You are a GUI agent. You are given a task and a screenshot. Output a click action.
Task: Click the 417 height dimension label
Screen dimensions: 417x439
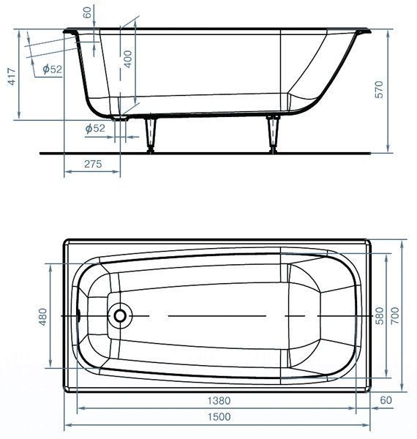[12, 76]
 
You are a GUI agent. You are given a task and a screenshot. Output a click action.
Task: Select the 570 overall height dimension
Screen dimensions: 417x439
[379, 89]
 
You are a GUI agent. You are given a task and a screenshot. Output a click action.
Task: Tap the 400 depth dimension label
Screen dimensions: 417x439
[127, 59]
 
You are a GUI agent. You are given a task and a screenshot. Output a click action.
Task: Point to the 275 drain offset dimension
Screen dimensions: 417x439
[93, 164]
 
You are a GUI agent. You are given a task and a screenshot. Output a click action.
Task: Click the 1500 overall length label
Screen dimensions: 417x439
[219, 416]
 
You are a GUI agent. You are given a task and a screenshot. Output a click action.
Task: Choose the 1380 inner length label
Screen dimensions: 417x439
[219, 401]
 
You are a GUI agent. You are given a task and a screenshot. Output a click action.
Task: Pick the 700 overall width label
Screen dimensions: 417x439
[395, 315]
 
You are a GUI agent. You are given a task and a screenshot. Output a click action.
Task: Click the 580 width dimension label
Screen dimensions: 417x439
[379, 315]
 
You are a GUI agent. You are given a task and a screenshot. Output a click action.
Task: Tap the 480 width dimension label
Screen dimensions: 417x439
[43, 317]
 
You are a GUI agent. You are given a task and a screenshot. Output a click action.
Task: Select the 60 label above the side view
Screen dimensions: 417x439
[88, 12]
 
